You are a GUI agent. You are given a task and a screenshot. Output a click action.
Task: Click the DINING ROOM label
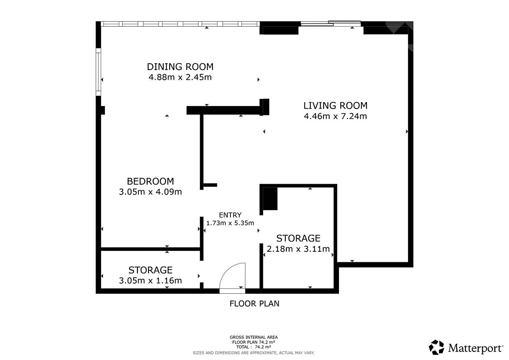[x=180, y=67]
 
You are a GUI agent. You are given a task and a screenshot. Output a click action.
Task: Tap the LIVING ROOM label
[x=336, y=106]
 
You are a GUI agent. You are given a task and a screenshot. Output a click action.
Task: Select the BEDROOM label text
[x=151, y=181]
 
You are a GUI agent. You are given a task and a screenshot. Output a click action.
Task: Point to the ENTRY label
[x=230, y=215]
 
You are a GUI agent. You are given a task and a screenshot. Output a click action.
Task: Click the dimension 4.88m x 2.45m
[x=180, y=77]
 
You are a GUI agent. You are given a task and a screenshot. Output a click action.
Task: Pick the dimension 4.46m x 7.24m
[x=336, y=116]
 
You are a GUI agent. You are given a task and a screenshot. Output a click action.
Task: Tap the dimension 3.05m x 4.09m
[x=151, y=192]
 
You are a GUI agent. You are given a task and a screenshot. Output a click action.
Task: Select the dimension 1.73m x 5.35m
[x=230, y=223]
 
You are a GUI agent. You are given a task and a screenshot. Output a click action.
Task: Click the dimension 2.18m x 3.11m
[x=298, y=249]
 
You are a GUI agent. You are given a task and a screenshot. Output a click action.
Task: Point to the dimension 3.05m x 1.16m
[x=151, y=281]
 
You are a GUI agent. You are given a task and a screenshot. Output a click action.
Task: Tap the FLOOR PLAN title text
[x=254, y=304]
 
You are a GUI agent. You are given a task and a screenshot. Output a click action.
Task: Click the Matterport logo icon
[x=436, y=347]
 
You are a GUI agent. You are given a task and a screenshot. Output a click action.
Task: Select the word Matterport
[x=475, y=348]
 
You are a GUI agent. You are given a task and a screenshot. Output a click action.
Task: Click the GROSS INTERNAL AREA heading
[x=254, y=337]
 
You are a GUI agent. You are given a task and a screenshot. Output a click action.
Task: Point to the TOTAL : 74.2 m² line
[x=254, y=347]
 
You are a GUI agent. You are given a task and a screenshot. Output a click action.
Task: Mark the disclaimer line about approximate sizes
[x=254, y=353]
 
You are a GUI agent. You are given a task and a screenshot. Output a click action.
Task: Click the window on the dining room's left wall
[x=98, y=72]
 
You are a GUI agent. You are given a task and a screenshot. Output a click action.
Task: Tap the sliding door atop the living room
[x=331, y=23]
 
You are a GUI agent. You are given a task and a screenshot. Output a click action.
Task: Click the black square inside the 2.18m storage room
[x=270, y=199]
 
